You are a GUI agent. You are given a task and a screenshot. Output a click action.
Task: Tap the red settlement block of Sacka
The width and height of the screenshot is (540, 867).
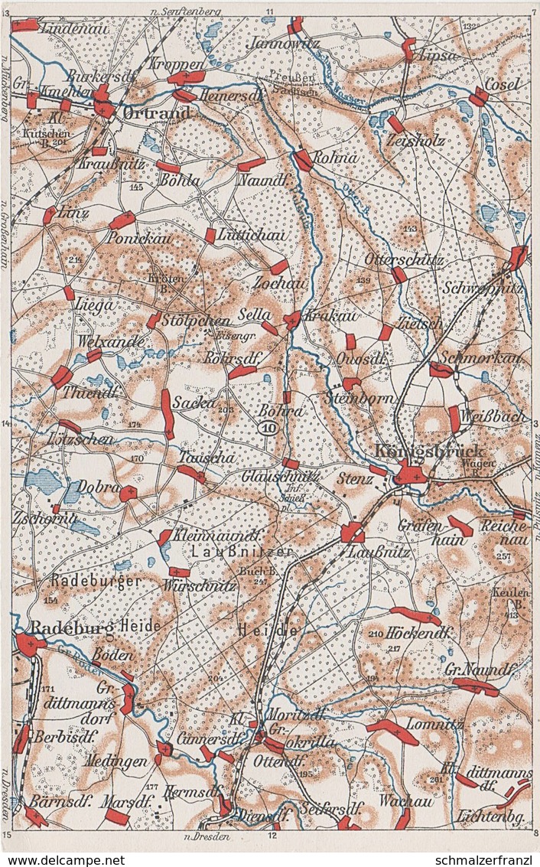(167, 413)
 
